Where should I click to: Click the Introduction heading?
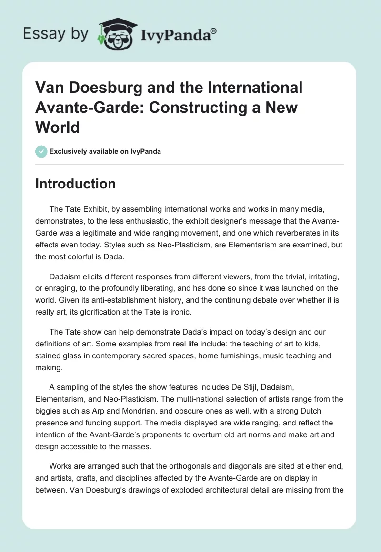coord(75,184)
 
